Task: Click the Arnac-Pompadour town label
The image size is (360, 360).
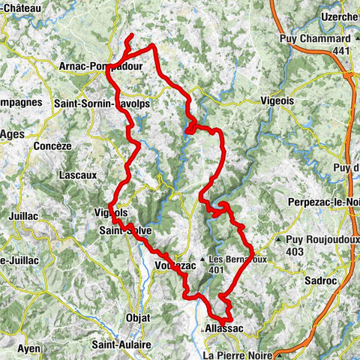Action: [x=100, y=66]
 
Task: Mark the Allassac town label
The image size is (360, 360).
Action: [x=224, y=328]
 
